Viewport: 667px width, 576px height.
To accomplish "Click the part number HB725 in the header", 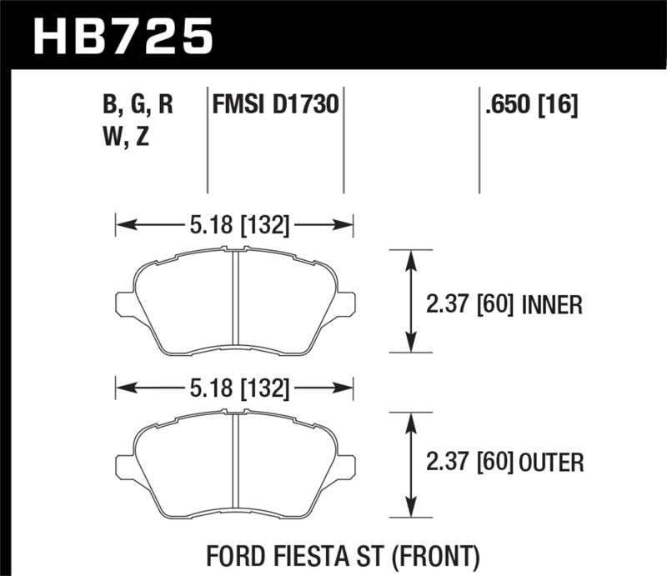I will (123, 35).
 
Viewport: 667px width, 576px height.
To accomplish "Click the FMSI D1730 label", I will (275, 106).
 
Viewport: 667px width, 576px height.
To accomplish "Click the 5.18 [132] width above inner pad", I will (234, 223).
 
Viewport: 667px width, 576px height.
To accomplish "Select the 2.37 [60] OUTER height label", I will (504, 461).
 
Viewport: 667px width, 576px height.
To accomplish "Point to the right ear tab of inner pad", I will (347, 303).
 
